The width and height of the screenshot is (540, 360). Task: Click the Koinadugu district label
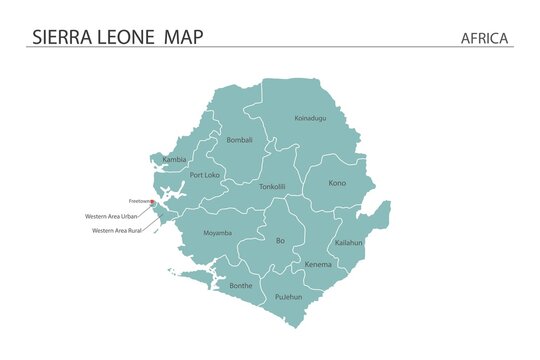[310, 118]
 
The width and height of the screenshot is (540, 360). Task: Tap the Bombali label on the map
[240, 140]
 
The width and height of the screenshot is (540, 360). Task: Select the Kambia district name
[174, 159]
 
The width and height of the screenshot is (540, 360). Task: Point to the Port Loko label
[204, 175]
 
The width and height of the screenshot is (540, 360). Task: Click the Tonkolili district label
[272, 186]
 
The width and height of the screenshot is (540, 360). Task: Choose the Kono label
[337, 183]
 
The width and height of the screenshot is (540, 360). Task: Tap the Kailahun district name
[349, 242]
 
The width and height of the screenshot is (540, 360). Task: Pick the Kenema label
[318, 264]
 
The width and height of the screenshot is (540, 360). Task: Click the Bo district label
[280, 240]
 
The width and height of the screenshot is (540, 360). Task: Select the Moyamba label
[218, 233]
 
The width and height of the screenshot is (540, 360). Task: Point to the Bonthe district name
[241, 285]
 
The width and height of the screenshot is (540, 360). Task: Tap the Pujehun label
[288, 297]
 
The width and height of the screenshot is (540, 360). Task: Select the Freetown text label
[139, 202]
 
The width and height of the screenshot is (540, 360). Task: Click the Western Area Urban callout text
[112, 216]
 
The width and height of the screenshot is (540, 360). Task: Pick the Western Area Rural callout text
[116, 230]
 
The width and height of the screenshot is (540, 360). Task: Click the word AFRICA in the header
[485, 38]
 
